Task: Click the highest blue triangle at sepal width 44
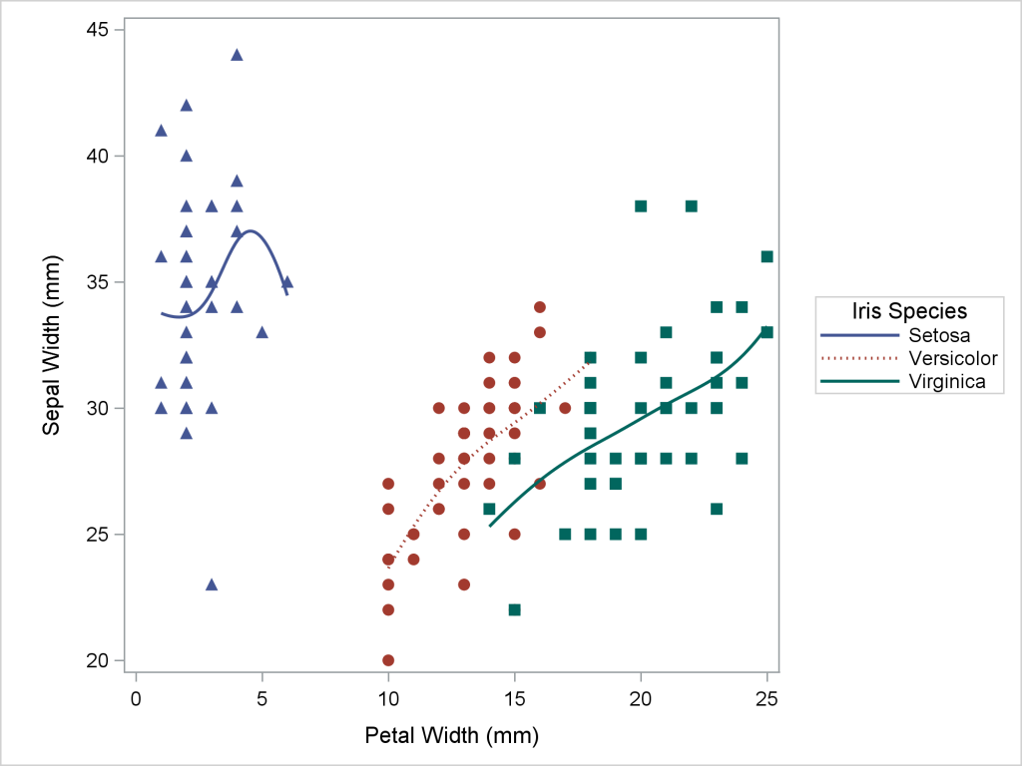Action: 237,55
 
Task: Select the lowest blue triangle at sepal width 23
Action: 212,584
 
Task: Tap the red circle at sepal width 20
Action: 388,660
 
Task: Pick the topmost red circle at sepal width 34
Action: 540,307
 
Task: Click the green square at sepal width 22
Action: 514,609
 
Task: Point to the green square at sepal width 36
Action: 766,256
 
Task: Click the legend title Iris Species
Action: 906,310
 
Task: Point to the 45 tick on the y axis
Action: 98,30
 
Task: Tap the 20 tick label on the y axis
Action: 98,660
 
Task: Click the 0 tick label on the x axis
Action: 136,698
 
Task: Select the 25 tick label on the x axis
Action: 766,698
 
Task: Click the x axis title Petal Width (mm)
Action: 452,737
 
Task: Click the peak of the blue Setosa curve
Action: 251,231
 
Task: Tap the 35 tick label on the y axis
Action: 98,282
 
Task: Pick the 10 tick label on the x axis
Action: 388,698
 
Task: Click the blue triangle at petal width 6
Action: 287,282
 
